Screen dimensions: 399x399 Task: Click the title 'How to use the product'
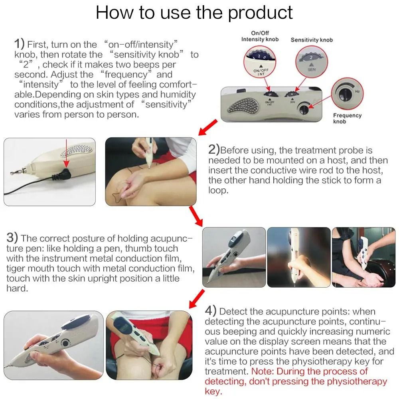(194, 13)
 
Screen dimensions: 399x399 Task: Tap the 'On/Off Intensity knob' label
(260, 36)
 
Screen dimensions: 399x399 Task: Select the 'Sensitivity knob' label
(311, 40)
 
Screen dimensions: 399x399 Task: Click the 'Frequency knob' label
(347, 119)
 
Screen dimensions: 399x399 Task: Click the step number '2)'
(214, 150)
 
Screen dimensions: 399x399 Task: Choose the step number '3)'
(12, 238)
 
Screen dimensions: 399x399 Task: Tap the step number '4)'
(211, 311)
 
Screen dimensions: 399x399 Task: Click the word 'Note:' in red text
(262, 371)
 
